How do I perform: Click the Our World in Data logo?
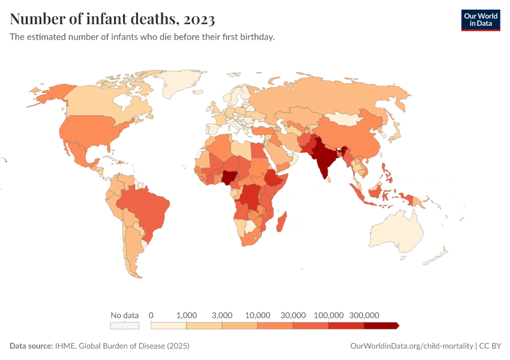pos(480,20)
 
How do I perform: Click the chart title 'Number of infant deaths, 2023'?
pos(112,19)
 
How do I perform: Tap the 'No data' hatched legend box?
pos(125,326)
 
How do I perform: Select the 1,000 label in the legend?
pos(187,315)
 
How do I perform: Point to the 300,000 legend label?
pos(364,315)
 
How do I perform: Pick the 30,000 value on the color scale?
pos(293,315)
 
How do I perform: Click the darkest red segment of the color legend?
pos(381,326)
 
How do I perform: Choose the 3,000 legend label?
pos(222,315)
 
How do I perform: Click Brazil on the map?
pos(148,207)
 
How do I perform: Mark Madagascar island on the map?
pos(282,220)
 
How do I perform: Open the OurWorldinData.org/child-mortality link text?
pos(411,346)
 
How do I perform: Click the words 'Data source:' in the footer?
pos(31,346)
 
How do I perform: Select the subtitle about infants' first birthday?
pos(142,37)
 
